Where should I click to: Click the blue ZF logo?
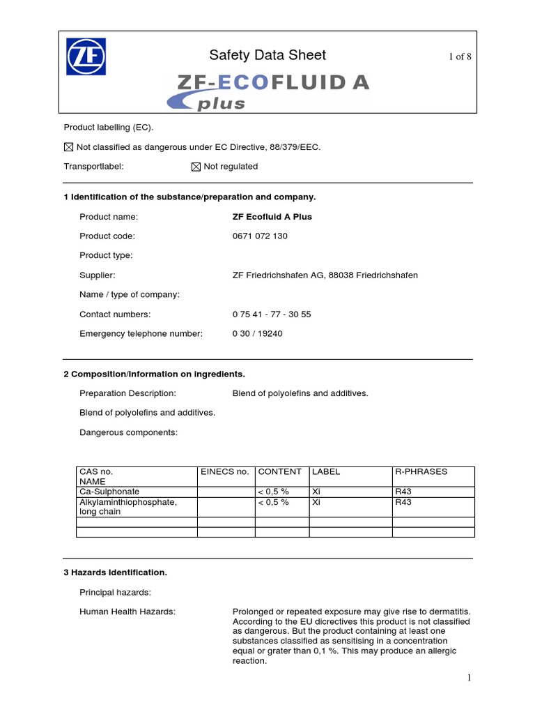tap(86, 56)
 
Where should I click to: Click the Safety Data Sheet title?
tap(267, 55)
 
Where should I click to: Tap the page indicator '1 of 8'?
tap(460, 56)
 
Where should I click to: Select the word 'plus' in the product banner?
tap(222, 104)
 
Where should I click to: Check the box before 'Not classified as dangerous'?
tap(68, 147)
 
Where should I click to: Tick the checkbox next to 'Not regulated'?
tap(196, 167)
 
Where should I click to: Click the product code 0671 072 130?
tap(260, 236)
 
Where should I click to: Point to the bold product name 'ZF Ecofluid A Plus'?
tap(272, 217)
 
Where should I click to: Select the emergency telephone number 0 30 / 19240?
tap(257, 334)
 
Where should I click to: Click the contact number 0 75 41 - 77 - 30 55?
tap(272, 314)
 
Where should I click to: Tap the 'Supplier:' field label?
tap(98, 275)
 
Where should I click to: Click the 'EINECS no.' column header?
tap(224, 472)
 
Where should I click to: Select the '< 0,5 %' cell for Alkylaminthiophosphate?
tap(273, 502)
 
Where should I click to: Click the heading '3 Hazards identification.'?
tap(115, 572)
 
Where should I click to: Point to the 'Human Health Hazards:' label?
tap(127, 612)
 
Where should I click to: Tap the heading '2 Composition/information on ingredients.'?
tap(154, 374)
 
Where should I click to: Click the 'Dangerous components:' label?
tap(129, 432)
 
